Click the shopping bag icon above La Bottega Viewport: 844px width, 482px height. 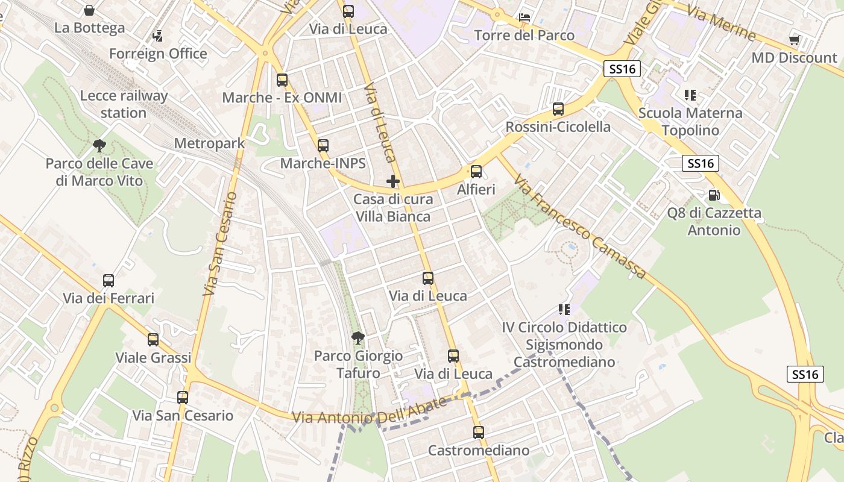coord(89,10)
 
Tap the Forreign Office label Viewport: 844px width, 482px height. coord(158,54)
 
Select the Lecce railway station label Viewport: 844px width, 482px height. coord(124,104)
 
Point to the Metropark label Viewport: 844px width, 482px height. coord(209,143)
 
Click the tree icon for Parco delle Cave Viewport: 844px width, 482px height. coord(99,145)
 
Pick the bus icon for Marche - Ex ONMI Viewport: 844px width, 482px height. coord(282,80)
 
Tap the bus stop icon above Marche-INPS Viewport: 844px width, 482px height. coord(323,145)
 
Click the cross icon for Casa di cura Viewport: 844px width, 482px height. coord(393,181)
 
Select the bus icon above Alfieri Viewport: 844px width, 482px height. coord(476,172)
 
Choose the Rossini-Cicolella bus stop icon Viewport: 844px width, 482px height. coord(558,109)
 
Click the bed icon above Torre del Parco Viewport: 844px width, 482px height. coord(524,17)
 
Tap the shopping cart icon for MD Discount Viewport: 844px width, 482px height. coord(795,40)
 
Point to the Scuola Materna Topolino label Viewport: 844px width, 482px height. coord(690,121)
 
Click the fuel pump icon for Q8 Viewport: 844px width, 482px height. coord(714,195)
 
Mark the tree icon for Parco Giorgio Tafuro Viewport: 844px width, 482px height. coord(358,337)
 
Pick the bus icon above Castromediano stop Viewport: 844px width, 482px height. coord(479,432)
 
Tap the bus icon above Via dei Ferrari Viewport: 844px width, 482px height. coord(109,280)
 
